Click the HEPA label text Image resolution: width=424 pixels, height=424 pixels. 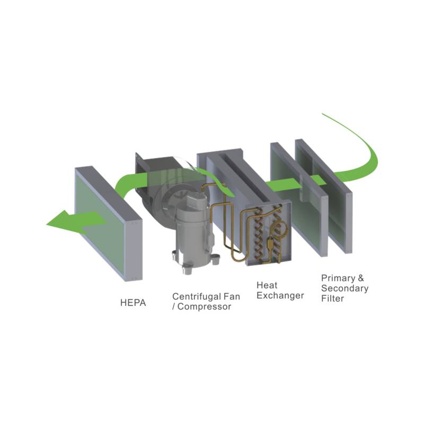[x=133, y=303]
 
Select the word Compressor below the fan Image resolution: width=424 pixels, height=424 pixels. [x=204, y=307]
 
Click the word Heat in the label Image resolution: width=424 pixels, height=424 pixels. [x=267, y=285]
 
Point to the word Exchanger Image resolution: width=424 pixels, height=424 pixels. [x=280, y=296]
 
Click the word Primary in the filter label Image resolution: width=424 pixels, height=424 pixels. [x=338, y=278]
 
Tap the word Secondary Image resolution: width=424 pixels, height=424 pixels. [x=345, y=288]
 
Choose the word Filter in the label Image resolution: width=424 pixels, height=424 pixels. [x=332, y=298]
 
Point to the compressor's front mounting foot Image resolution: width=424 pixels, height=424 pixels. [x=187, y=269]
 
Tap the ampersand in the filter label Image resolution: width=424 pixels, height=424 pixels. [x=361, y=278]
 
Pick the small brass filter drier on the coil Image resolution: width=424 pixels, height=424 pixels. [x=270, y=243]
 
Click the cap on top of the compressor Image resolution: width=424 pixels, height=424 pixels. [x=197, y=200]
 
